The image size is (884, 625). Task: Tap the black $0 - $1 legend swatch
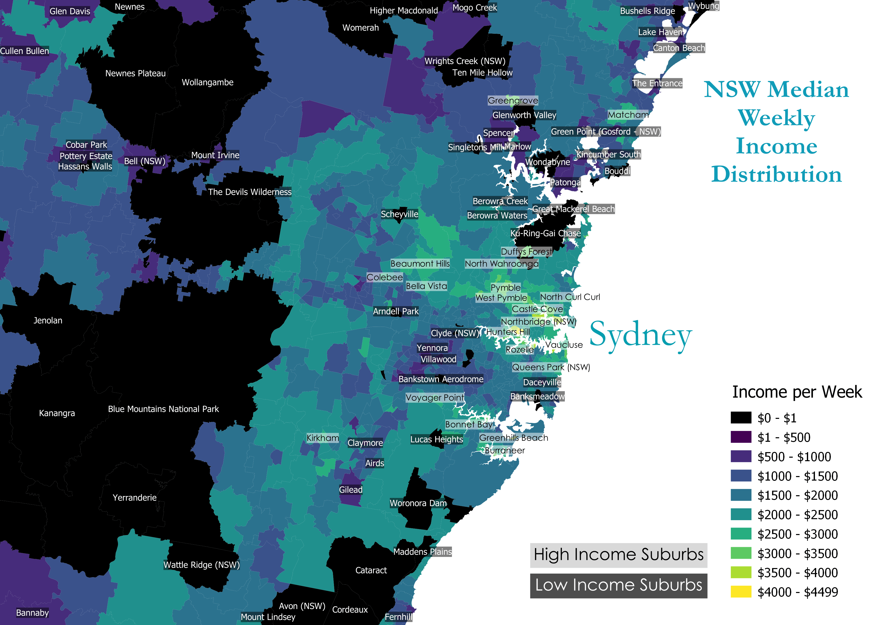click(x=741, y=418)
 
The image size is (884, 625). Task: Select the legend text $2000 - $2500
click(x=797, y=515)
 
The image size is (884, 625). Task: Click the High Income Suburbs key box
click(x=618, y=555)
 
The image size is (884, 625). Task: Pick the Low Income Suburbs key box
click(x=618, y=585)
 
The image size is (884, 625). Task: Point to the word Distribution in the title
click(x=776, y=174)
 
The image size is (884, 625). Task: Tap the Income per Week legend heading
click(x=797, y=392)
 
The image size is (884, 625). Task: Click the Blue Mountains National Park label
click(x=163, y=409)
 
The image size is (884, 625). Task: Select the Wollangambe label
click(x=207, y=82)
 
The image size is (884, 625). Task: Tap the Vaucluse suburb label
click(x=564, y=345)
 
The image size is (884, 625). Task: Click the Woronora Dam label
click(x=418, y=503)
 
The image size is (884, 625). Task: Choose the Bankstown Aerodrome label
click(x=441, y=379)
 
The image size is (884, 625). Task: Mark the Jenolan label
click(x=48, y=321)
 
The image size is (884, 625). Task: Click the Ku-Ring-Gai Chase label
click(x=545, y=233)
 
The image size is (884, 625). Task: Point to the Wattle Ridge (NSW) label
click(x=201, y=565)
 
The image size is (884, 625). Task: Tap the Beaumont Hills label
click(x=420, y=264)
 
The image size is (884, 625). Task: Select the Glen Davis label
click(x=70, y=11)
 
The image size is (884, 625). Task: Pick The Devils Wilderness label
click(x=250, y=192)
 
